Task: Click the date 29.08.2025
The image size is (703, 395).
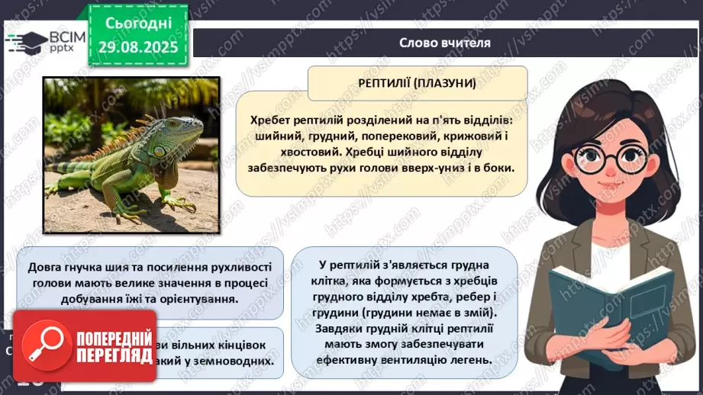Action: click(137, 47)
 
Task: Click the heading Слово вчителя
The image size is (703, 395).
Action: click(445, 43)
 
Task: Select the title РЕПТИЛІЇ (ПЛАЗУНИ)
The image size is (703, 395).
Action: click(418, 82)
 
